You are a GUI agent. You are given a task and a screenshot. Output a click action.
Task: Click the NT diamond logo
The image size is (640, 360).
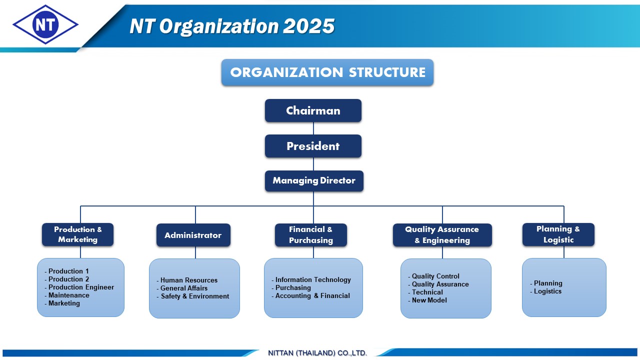tap(45, 24)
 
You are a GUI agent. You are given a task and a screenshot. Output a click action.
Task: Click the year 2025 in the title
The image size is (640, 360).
tap(309, 26)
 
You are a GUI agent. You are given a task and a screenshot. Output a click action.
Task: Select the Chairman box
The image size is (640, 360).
tap(313, 110)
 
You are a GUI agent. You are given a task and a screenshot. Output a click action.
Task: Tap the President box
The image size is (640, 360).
tap(313, 146)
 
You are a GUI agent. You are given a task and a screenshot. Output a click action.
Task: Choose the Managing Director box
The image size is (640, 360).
tap(314, 181)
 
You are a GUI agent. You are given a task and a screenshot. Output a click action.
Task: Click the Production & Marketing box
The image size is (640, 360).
tap(77, 234)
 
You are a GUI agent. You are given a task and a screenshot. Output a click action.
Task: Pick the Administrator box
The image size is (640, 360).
tap(193, 235)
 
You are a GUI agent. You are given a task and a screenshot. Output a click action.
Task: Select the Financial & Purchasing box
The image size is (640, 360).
tap(311, 235)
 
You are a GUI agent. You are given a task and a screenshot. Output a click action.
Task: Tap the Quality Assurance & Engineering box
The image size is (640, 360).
tap(442, 235)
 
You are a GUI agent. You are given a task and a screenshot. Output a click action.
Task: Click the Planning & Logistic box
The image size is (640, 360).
tap(558, 234)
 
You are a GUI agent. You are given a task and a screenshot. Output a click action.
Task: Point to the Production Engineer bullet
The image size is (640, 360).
tap(79, 287)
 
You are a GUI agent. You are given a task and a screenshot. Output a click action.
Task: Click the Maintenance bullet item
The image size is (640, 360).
tap(67, 295)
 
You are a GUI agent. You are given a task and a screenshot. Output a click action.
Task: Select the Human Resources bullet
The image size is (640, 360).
tap(187, 280)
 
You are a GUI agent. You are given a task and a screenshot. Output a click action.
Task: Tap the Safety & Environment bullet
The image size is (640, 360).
tap(193, 296)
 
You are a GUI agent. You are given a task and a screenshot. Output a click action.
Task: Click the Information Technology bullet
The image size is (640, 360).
tap(311, 279)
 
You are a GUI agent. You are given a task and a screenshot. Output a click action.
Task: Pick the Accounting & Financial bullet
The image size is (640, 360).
tap(310, 295)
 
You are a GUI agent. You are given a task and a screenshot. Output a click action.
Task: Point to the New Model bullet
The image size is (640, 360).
tap(427, 300)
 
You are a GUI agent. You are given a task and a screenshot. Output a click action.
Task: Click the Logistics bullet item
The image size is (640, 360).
tap(545, 291)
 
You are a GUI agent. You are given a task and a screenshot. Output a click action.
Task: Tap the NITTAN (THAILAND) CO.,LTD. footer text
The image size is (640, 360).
tap(317, 353)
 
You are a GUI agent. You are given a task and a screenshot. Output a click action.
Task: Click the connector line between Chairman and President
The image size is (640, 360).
tap(313, 128)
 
